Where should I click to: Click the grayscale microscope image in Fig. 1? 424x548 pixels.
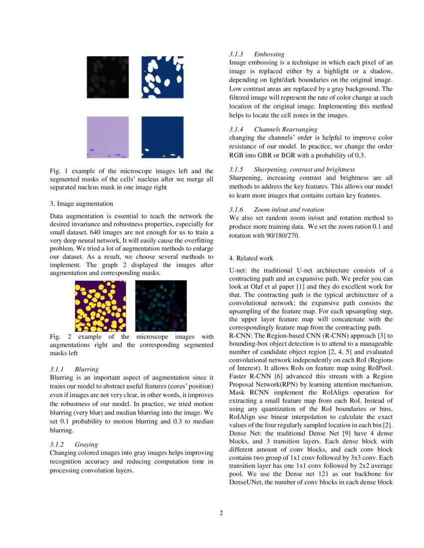pos(108,77)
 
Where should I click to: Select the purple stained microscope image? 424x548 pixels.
pos(108,137)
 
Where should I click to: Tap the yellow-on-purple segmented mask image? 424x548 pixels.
pos(100,306)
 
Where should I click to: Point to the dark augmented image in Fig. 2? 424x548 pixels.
pos(161,306)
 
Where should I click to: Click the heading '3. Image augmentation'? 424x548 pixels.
pos(82,204)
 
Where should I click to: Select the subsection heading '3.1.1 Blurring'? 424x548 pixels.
pos(74,370)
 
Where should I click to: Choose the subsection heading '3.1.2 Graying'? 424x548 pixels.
pos(74,444)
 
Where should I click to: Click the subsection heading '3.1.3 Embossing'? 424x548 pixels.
pos(257,54)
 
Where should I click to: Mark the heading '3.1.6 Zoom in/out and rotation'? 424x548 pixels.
pos(276,210)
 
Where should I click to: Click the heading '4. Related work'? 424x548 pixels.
pos(251,258)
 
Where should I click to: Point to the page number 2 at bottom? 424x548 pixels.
pos(221,513)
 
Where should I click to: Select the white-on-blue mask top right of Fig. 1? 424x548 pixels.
pos(163,77)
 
